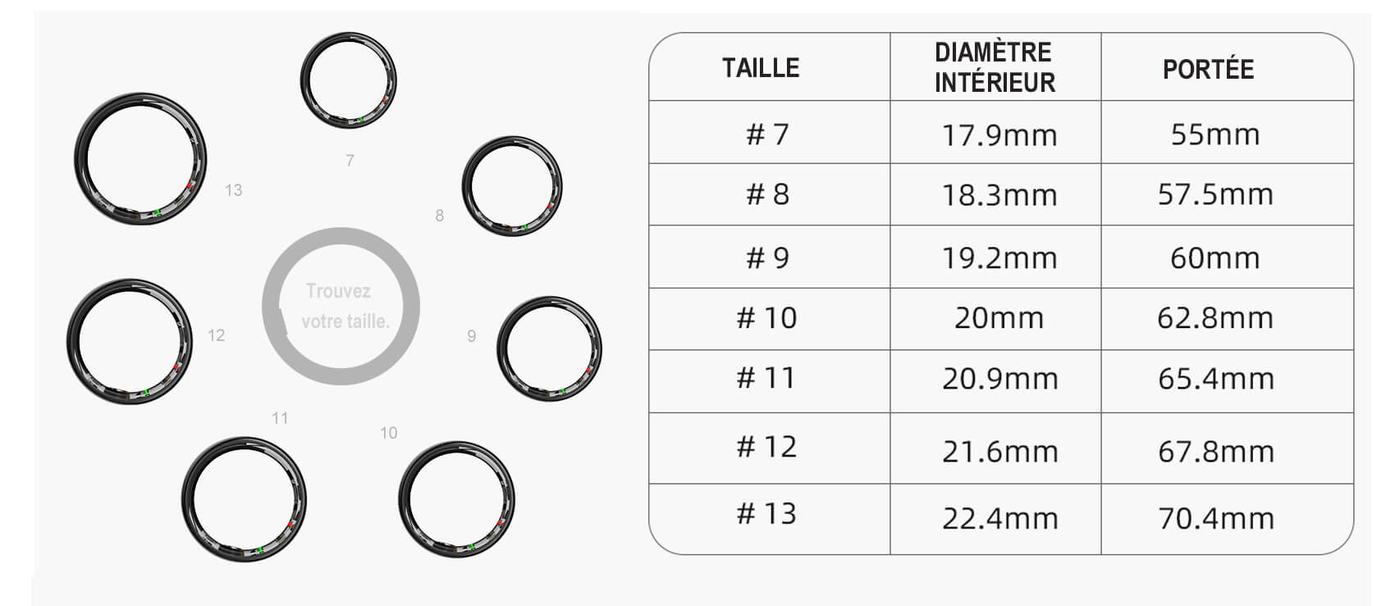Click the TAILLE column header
[x=761, y=68]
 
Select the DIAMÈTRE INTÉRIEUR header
[x=995, y=67]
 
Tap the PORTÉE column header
[x=1208, y=69]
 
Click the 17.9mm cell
[x=999, y=135]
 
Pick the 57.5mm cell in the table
[x=1215, y=194]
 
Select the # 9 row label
[x=767, y=257]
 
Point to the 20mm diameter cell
[x=999, y=318]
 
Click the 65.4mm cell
[x=1215, y=378]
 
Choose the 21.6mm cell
[x=1000, y=451]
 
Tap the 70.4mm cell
[x=1215, y=517]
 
